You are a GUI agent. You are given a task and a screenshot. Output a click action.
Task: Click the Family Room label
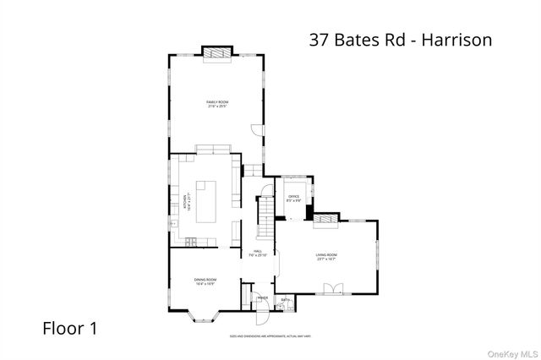pyautogui.click(x=217, y=104)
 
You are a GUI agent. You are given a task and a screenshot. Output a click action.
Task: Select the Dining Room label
pyautogui.click(x=205, y=281)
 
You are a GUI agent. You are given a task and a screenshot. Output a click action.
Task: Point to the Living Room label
pyautogui.click(x=326, y=256)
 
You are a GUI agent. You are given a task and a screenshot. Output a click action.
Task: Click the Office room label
pyautogui.click(x=293, y=199)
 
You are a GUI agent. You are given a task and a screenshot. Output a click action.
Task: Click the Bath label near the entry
pyautogui.click(x=285, y=299)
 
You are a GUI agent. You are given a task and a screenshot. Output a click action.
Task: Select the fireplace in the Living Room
pyautogui.click(x=325, y=222)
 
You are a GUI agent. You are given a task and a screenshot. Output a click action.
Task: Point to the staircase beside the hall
pyautogui.click(x=265, y=215)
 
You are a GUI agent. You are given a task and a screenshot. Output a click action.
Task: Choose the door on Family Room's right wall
pyautogui.click(x=257, y=128)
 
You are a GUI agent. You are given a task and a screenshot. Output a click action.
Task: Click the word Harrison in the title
pyautogui.click(x=455, y=39)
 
